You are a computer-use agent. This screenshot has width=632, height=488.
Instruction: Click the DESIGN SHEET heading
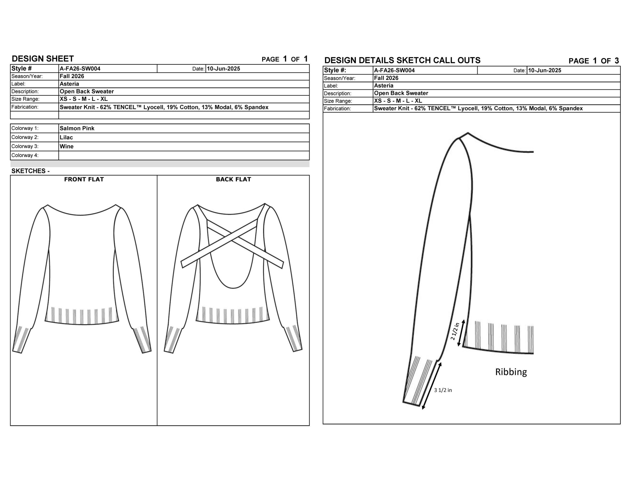(x=43, y=59)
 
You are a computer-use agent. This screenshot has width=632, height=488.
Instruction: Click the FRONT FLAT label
(x=84, y=179)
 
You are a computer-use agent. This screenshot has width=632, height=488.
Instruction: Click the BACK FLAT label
(x=234, y=179)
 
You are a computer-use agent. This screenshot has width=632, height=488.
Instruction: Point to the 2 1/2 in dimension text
(x=455, y=331)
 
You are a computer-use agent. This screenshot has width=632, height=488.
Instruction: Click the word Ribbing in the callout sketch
(x=511, y=372)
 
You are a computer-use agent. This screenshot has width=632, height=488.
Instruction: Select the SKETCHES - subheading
(x=30, y=171)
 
